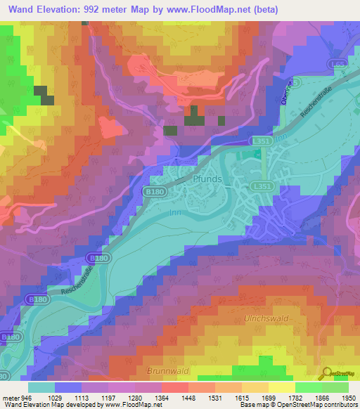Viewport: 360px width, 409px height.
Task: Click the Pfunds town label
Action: [207, 179]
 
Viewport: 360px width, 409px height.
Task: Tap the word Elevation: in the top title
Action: [61, 10]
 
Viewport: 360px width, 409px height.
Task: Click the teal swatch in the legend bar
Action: [41, 387]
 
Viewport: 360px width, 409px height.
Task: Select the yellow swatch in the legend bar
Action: [282, 387]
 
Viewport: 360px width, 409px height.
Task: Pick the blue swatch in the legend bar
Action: [68, 387]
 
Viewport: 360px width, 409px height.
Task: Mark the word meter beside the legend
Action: [10, 397]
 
